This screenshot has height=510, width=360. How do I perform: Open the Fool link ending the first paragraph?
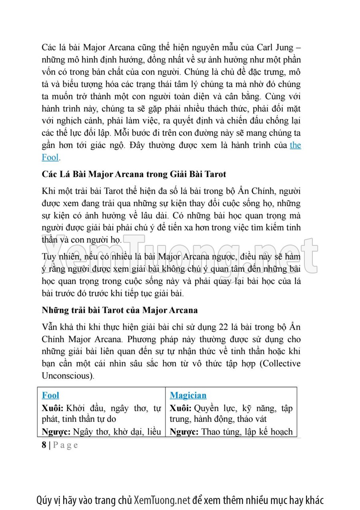click(50, 157)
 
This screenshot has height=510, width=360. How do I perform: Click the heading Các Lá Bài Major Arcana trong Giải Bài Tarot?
click(134, 175)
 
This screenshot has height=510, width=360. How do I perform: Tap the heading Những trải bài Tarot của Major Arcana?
click(119, 310)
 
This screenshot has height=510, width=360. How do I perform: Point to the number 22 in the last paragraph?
click(224, 327)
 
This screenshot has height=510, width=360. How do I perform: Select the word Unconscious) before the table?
click(68, 376)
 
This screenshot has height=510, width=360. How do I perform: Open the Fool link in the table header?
click(50, 396)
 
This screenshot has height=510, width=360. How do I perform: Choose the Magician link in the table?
click(188, 396)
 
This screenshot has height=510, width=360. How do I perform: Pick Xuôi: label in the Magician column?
click(181, 408)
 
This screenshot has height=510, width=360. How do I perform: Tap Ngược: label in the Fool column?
click(56, 432)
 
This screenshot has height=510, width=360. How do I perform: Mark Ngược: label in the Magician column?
click(184, 432)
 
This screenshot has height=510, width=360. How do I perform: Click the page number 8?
click(44, 445)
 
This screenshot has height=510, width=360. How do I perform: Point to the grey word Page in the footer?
click(66, 445)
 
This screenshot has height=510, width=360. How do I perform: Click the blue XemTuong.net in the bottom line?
click(162, 500)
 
